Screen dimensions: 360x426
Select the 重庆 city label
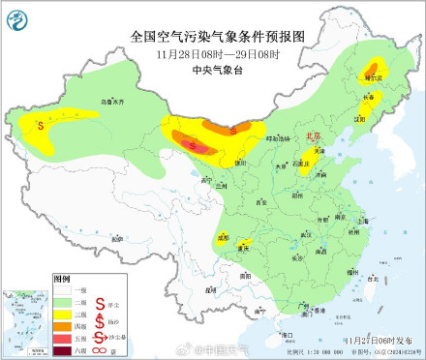(244, 247)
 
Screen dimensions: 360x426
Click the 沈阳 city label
(362, 118)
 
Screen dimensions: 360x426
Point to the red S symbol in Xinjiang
(40, 124)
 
